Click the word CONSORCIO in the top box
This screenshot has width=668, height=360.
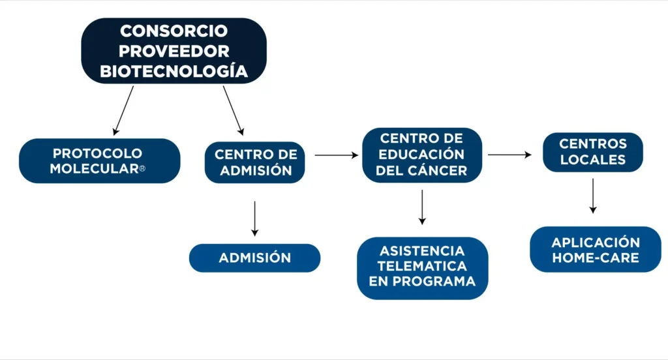(174, 31)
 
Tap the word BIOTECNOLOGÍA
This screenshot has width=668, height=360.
(174, 71)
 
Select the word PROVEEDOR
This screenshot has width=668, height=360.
(174, 51)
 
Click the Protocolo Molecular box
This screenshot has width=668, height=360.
(99, 160)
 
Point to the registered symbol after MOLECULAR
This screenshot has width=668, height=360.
(142, 169)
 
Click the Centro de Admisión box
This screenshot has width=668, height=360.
(256, 162)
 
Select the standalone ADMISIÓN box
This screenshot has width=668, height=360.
(254, 258)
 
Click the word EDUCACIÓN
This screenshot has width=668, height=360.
(422, 155)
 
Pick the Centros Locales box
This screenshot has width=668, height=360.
(592, 151)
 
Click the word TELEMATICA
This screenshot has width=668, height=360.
(422, 266)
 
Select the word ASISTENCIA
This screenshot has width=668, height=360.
(422, 250)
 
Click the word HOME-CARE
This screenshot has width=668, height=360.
(596, 258)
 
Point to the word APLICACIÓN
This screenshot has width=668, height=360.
(596, 242)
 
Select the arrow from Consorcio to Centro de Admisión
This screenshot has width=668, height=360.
(233, 110)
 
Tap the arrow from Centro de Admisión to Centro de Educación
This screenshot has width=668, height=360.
(337, 155)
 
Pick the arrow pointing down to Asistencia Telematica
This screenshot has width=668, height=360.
(422, 207)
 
